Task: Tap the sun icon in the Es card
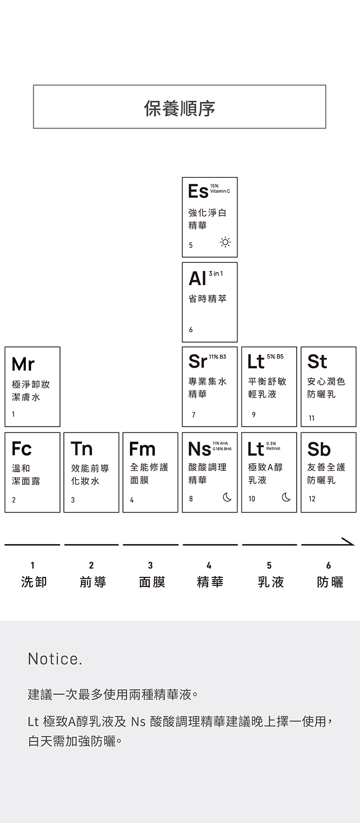225,242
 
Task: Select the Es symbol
198,191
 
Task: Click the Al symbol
197,278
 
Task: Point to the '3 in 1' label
216,274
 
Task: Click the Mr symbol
23,364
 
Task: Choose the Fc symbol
22,449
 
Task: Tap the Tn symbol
82,449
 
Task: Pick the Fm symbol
142,449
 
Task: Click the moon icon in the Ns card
227,498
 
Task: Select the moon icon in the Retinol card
286,498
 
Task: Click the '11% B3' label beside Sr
217,357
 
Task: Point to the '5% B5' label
275,357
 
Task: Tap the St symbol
317,362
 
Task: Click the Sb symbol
319,449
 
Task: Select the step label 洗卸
34,582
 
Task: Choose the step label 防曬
330,582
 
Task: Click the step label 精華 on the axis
210,582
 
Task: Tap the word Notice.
55,659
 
